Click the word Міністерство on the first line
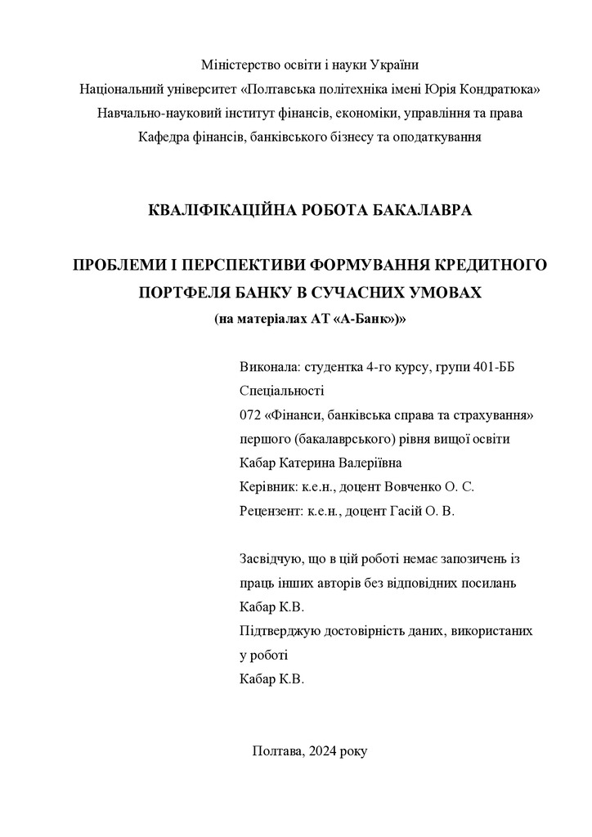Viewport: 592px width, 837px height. point(237,65)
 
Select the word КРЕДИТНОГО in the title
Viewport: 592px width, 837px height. point(489,266)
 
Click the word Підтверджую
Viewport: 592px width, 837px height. point(281,631)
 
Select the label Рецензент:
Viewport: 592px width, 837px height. point(272,511)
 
